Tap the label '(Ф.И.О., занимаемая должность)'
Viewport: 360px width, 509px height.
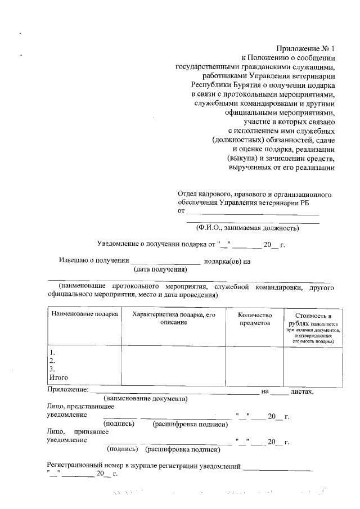point(247,228)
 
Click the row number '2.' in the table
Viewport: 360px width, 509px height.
point(52,361)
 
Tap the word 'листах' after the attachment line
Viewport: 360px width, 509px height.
point(301,391)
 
